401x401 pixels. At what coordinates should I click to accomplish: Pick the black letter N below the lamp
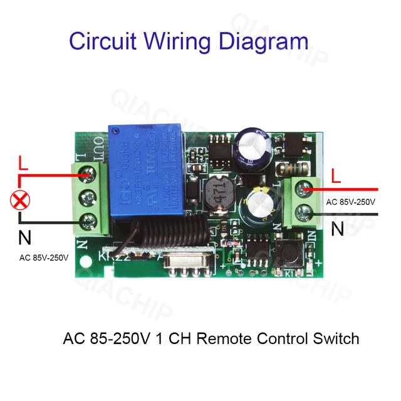point(24,238)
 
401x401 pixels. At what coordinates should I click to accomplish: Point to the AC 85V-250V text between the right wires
point(350,202)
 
